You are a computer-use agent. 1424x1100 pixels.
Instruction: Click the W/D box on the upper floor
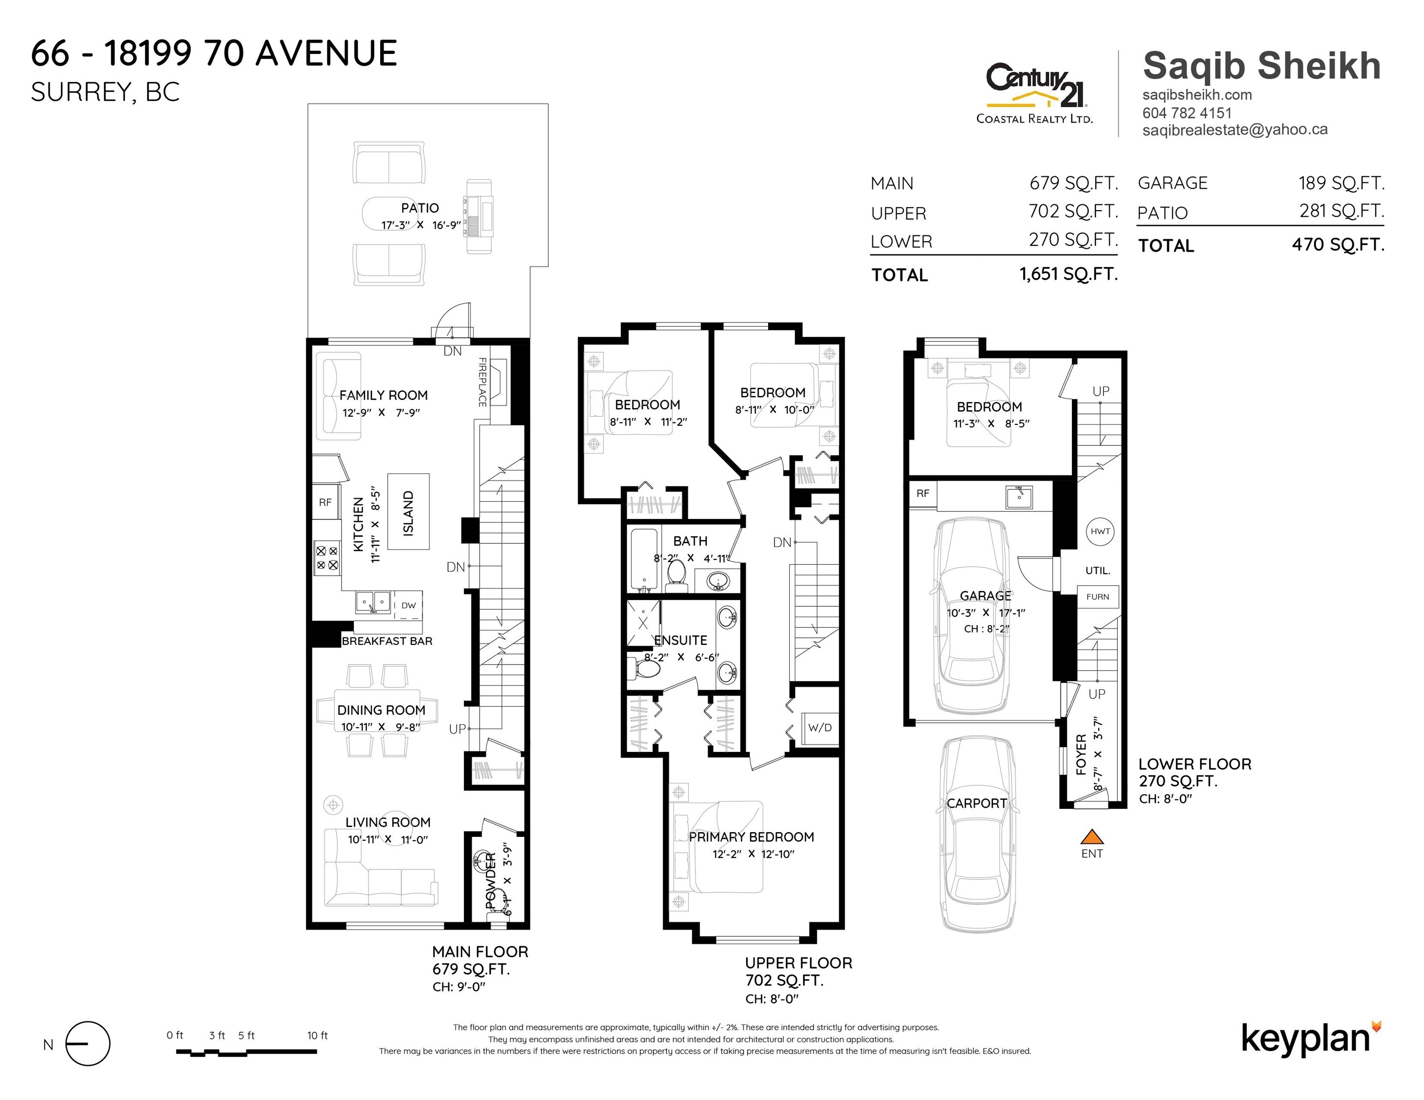pyautogui.click(x=820, y=728)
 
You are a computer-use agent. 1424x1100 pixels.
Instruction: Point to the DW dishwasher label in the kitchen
pyautogui.click(x=408, y=605)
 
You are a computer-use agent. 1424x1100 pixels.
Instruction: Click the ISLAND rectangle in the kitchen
pyautogui.click(x=409, y=513)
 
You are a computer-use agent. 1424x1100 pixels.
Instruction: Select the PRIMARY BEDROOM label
pyautogui.click(x=751, y=837)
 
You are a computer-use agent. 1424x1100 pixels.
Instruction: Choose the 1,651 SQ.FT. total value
pyautogui.click(x=1069, y=275)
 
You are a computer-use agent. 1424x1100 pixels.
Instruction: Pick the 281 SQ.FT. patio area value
pyautogui.click(x=1342, y=211)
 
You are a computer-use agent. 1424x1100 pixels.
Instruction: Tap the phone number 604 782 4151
pyautogui.click(x=1187, y=113)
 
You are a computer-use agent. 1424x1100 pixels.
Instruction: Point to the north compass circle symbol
pyautogui.click(x=88, y=1044)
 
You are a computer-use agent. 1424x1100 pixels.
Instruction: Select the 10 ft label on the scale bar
pyautogui.click(x=318, y=1036)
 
